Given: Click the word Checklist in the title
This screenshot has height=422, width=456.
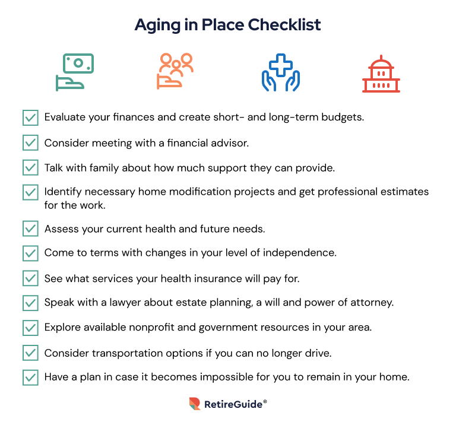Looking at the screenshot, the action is [x=284, y=25].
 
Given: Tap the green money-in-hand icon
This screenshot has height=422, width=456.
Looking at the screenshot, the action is [x=75, y=72].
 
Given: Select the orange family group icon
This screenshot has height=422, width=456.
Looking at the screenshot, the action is [x=175, y=71].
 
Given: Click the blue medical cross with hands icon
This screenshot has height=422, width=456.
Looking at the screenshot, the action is [x=281, y=72].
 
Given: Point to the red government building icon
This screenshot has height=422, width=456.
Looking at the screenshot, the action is [x=381, y=74].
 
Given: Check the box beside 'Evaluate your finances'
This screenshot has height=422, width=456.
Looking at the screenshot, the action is [x=30, y=118].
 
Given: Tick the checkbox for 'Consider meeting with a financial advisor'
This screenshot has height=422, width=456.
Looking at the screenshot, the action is [x=30, y=142].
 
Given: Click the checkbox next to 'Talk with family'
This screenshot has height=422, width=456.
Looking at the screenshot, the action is [x=30, y=168].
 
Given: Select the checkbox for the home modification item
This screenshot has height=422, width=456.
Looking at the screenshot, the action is [x=30, y=192].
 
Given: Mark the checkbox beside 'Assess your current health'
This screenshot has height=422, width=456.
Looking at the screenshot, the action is [x=30, y=229].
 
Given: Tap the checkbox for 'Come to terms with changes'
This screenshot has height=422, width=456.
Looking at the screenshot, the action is [x=30, y=253].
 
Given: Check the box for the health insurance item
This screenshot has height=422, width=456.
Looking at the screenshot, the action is [x=30, y=278].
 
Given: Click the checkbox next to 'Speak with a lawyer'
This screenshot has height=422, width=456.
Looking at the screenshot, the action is [x=30, y=303].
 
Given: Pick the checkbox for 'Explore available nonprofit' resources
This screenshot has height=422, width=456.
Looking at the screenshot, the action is [x=30, y=328].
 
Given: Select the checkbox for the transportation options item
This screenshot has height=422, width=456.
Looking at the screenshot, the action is [x=30, y=353].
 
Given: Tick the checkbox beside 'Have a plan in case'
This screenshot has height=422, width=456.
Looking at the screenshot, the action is [x=30, y=377].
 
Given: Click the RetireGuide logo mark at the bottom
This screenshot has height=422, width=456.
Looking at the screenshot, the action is [x=195, y=404].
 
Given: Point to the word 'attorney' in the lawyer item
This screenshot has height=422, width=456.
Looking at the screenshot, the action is [x=372, y=303].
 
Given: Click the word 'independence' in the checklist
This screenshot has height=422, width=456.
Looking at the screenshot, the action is [x=299, y=253].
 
